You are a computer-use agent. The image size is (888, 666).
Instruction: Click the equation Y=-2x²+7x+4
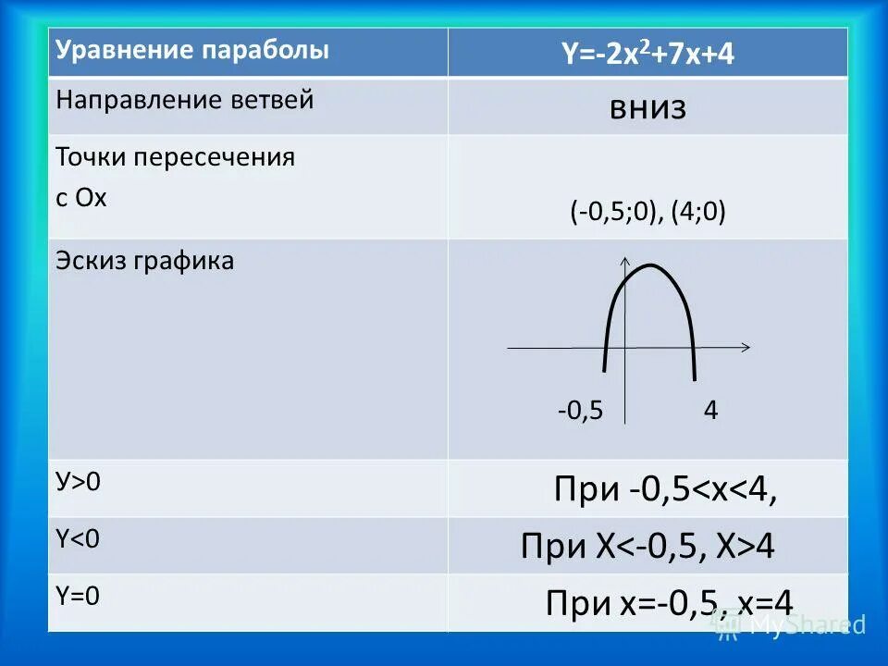pos(647,55)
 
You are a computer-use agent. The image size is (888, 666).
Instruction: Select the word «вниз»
pos(647,108)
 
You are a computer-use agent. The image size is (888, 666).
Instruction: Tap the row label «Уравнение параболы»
pos(192,51)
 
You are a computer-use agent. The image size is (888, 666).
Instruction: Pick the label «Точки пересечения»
pos(176,157)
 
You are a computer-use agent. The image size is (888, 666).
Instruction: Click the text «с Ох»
pos(81,198)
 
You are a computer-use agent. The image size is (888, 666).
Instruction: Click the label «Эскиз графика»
pos(145,262)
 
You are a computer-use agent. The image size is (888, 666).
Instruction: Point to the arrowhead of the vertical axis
pos(627,260)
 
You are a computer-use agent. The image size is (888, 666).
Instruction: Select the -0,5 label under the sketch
pos(580,410)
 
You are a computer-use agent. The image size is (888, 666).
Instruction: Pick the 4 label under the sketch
pos(710,410)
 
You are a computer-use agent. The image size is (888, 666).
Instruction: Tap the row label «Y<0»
pos(78,539)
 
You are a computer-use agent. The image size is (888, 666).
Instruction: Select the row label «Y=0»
pos(78,596)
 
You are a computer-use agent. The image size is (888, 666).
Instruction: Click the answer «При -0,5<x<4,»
pos(665,490)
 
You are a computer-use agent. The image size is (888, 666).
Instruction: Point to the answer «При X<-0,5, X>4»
pos(647,548)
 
